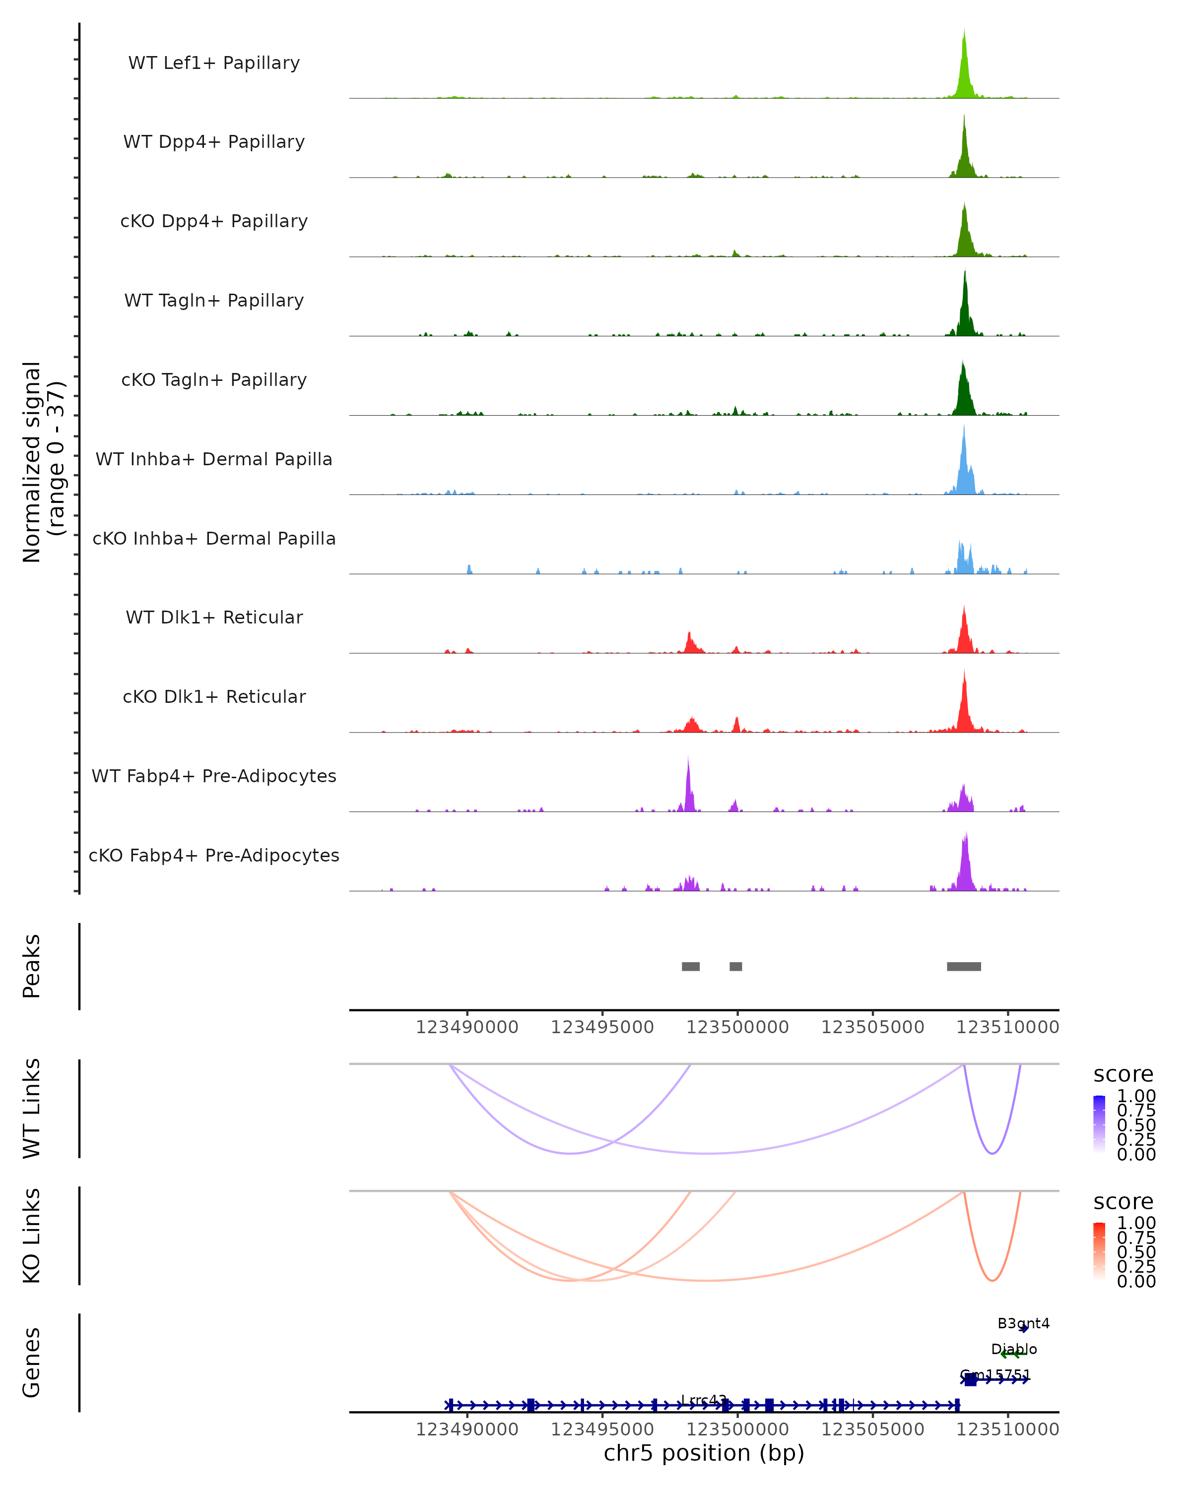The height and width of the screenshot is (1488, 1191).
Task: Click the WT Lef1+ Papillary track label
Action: coord(214,63)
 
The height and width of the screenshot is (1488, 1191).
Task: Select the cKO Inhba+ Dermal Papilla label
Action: coord(214,538)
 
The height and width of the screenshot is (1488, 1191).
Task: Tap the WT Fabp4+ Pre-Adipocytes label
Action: coord(214,776)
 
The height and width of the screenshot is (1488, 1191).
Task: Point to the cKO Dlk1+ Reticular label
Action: coord(214,696)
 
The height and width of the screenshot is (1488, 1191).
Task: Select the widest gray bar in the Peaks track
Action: coord(963,966)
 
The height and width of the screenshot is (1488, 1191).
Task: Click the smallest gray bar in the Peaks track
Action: coord(735,966)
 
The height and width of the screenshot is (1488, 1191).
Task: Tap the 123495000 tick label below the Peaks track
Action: coord(602,1027)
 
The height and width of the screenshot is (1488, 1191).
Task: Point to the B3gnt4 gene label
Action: coord(1023,1323)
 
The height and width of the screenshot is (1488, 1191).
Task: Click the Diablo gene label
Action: coord(1013,1349)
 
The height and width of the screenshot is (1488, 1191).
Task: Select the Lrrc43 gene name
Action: coord(704,1400)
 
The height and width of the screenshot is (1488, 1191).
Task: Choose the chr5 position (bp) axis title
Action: coord(704,1453)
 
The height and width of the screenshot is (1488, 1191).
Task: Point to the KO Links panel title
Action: coord(32,1236)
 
